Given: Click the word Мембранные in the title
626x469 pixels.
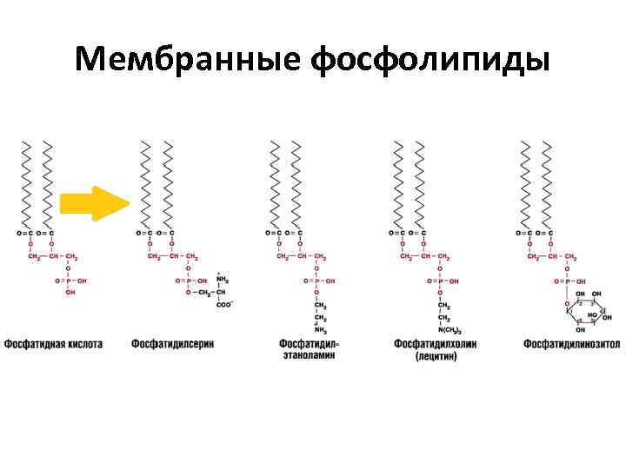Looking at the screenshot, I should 188,59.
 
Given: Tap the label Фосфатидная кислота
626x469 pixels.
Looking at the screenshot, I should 53,344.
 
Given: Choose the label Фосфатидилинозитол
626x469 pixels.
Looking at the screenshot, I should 571,344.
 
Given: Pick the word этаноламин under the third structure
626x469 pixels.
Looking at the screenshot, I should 309,356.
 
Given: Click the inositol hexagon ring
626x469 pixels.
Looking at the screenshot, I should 584,313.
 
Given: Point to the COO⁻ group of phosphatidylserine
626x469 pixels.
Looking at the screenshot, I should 224,304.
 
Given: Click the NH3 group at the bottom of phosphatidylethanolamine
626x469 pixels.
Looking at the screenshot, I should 321,330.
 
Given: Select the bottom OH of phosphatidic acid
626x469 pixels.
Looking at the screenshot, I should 70,293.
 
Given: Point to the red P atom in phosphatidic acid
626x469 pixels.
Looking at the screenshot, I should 70,281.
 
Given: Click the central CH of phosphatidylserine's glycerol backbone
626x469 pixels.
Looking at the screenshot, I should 176,257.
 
